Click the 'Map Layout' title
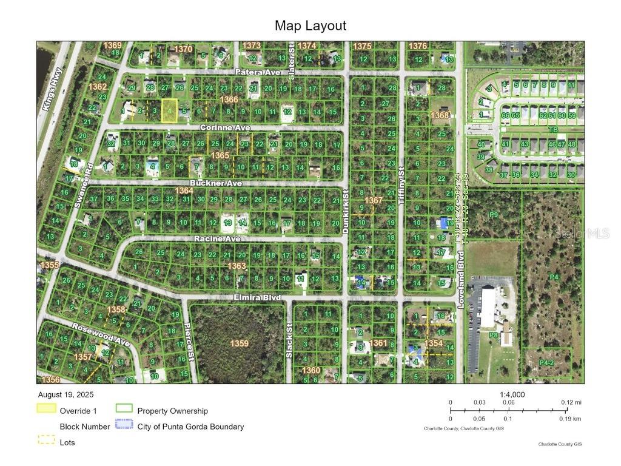click(310, 25)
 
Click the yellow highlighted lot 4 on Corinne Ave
click(170, 111)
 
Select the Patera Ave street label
click(258, 72)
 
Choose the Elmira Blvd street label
click(258, 298)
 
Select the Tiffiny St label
click(401, 183)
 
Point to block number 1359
click(239, 343)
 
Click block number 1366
click(229, 100)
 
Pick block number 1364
click(184, 191)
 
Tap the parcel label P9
click(494, 215)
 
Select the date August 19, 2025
click(65, 394)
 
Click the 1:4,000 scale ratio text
click(512, 394)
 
